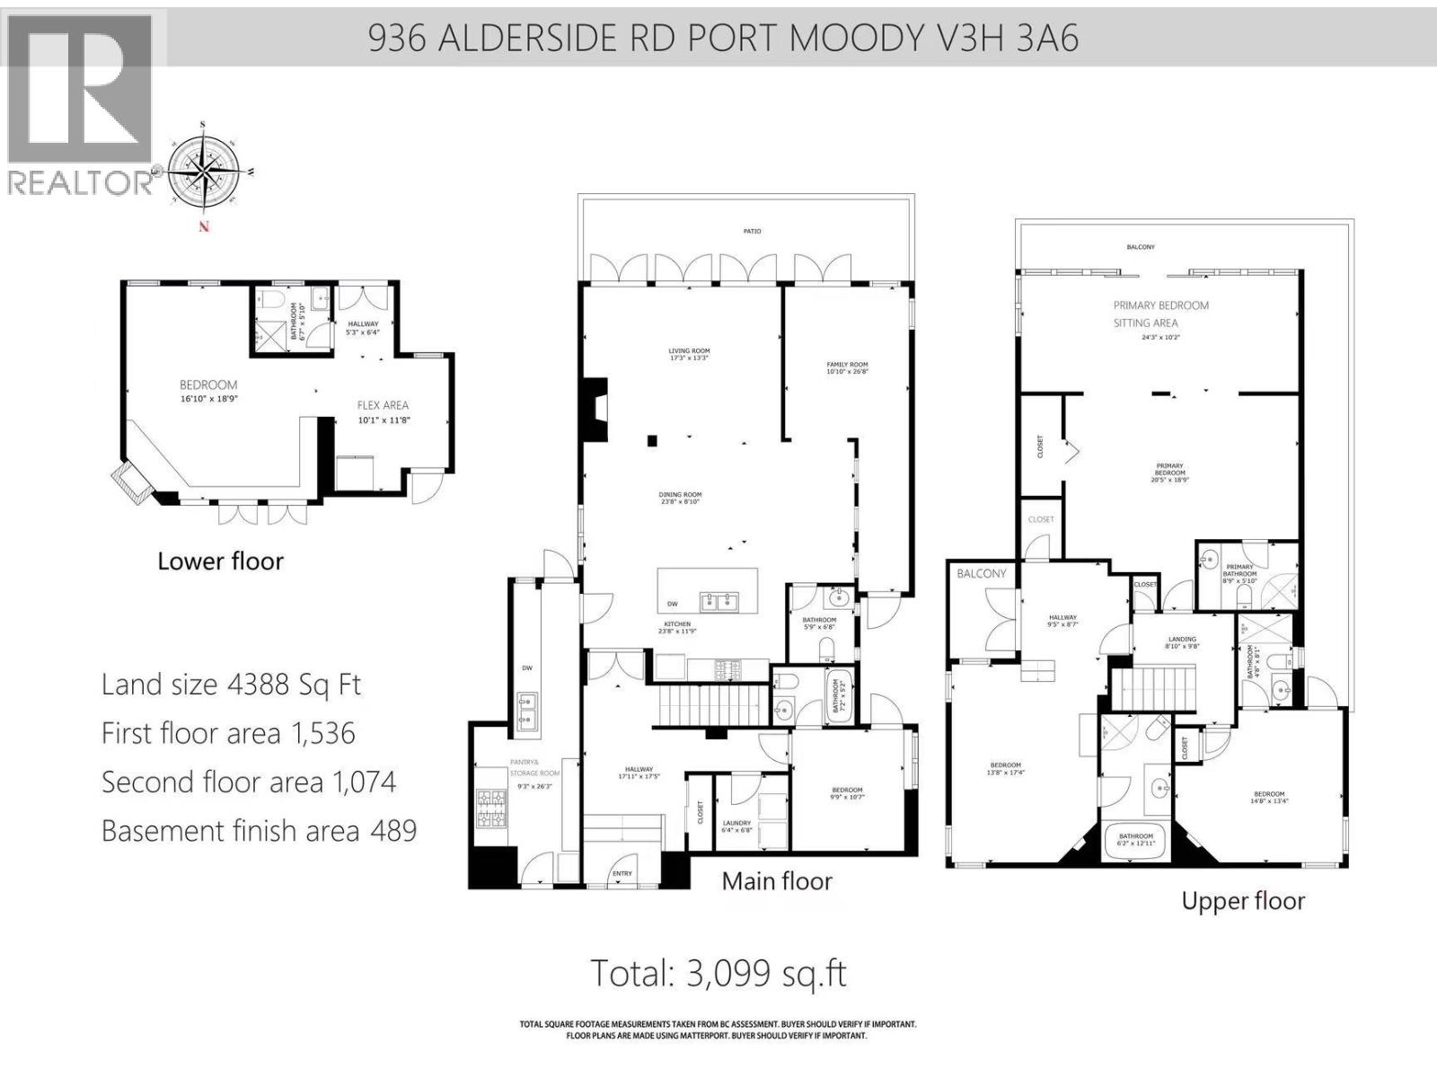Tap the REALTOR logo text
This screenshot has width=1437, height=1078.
coord(81,182)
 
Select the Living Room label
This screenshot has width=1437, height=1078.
coord(689,354)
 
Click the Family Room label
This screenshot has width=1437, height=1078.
coord(847,367)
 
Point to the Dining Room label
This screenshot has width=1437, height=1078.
coord(680,498)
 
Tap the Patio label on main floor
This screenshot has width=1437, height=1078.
coord(752,232)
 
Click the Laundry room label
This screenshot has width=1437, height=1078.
coord(736,826)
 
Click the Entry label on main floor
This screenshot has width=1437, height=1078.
coord(622,873)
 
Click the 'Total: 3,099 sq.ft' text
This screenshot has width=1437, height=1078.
coord(718,973)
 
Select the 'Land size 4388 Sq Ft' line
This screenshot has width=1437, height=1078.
coord(231,685)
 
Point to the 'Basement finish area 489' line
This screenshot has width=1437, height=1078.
coord(259,830)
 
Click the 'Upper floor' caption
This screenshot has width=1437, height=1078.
coord(1242,901)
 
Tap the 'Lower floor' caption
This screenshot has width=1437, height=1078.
coord(220,561)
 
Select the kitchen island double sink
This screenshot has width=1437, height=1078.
coord(719,600)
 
